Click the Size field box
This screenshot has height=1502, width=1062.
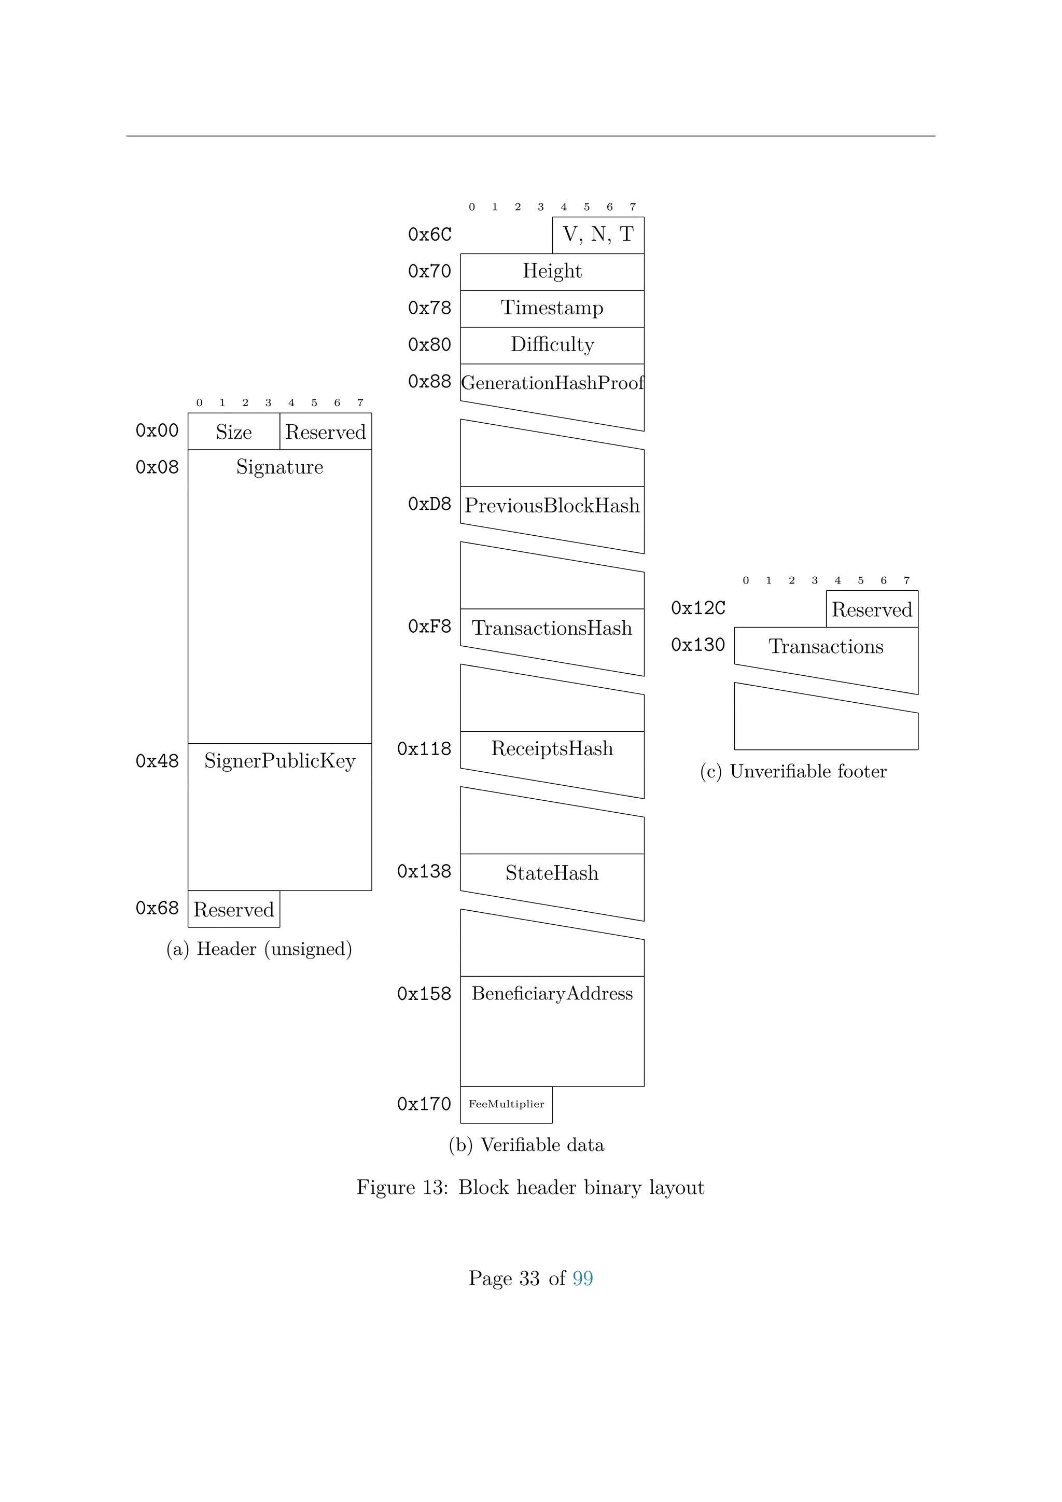[x=233, y=432]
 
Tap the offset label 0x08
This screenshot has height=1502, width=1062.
[x=157, y=467]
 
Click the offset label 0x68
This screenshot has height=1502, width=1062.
[x=157, y=908]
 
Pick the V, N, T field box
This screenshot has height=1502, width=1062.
[x=598, y=235]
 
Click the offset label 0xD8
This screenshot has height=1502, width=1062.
[x=430, y=504]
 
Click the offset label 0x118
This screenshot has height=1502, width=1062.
[x=424, y=748]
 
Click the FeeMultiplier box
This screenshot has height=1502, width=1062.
[x=506, y=1104]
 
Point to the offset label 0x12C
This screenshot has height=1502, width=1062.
[x=698, y=608]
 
